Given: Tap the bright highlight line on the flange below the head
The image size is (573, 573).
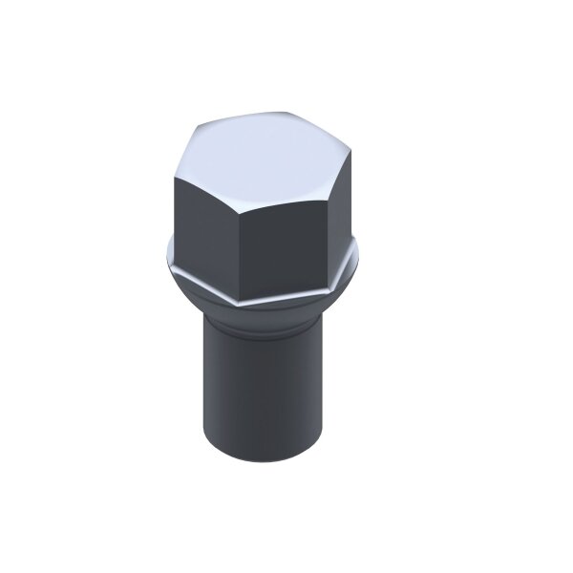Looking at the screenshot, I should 286,290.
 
